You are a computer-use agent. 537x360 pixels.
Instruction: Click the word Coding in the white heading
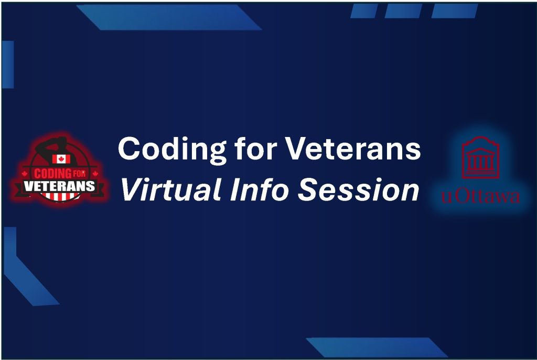(171, 149)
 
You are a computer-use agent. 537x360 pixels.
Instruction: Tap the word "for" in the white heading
(255, 148)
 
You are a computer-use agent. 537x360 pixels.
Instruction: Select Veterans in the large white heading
(353, 149)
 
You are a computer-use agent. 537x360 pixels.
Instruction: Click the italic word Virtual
(170, 189)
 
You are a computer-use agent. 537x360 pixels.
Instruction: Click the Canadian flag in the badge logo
(61, 158)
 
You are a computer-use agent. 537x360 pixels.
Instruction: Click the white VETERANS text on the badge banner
(59, 186)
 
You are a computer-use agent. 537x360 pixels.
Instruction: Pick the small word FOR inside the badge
(79, 174)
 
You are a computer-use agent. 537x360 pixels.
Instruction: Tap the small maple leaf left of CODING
(25, 174)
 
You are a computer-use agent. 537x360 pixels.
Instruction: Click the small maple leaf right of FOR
(95, 174)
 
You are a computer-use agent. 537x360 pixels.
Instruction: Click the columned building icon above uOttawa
(480, 157)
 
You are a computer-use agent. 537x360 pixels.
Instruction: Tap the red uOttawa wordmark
(480, 196)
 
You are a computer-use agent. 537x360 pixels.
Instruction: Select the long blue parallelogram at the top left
(169, 17)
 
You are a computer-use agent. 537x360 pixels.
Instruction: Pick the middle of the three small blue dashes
(403, 11)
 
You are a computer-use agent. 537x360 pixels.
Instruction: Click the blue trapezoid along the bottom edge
(377, 347)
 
